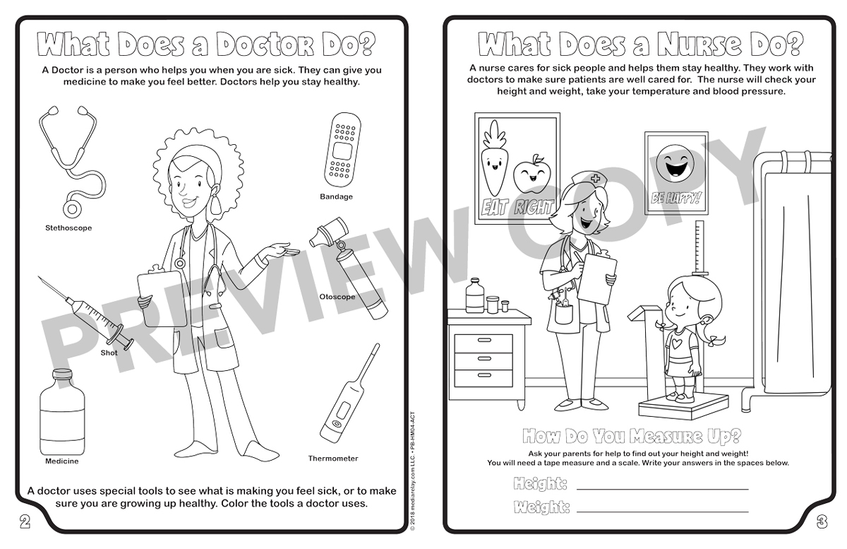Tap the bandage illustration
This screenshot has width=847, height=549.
point(342,150)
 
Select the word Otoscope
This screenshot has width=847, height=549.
point(337,297)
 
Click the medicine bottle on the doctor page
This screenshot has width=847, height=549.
point(62,413)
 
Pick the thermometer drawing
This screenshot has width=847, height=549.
point(350,394)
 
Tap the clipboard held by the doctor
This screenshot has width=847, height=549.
point(162,297)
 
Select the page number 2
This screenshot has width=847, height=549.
point(25,522)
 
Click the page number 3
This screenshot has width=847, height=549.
point(822,523)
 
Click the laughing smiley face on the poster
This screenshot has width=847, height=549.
point(675,165)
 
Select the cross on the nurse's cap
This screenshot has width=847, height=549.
point(595,178)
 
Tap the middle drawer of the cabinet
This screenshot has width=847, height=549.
point(483,358)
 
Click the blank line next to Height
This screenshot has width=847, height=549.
point(663,489)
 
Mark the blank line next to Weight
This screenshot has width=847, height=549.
point(663,512)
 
